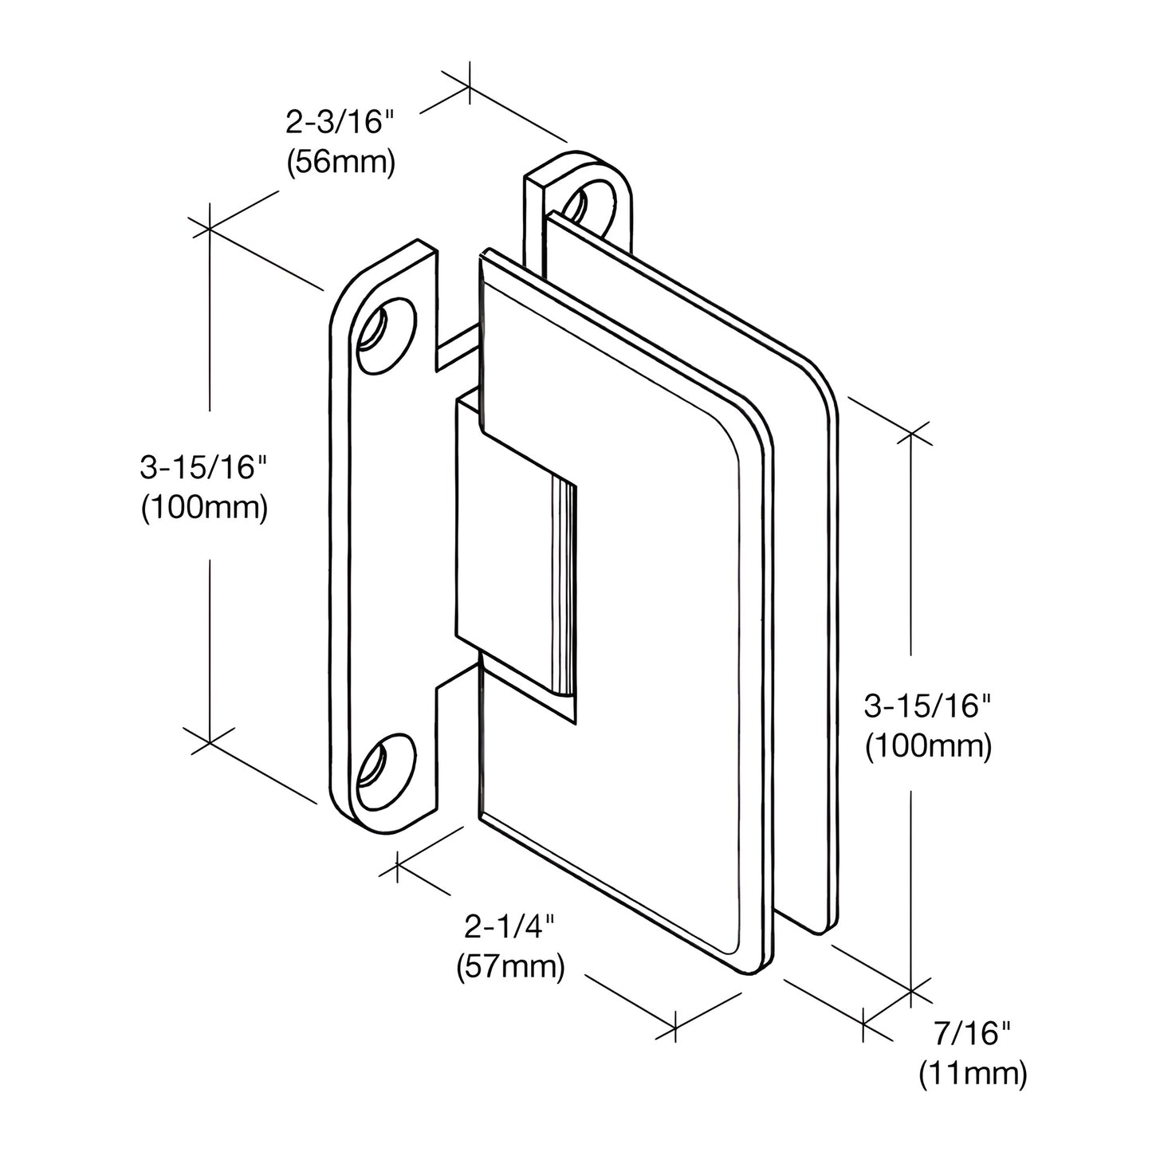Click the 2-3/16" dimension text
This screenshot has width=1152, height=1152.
click(x=340, y=124)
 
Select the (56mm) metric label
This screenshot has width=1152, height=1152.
click(x=340, y=163)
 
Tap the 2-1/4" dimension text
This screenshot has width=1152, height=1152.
click(x=509, y=927)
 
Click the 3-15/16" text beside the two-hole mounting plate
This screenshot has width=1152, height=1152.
click(x=202, y=469)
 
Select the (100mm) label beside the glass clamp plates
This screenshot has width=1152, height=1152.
click(x=928, y=746)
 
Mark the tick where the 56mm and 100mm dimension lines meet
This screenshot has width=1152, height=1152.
click(x=210, y=229)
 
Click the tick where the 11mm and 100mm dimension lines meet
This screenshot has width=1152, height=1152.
click(x=910, y=991)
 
